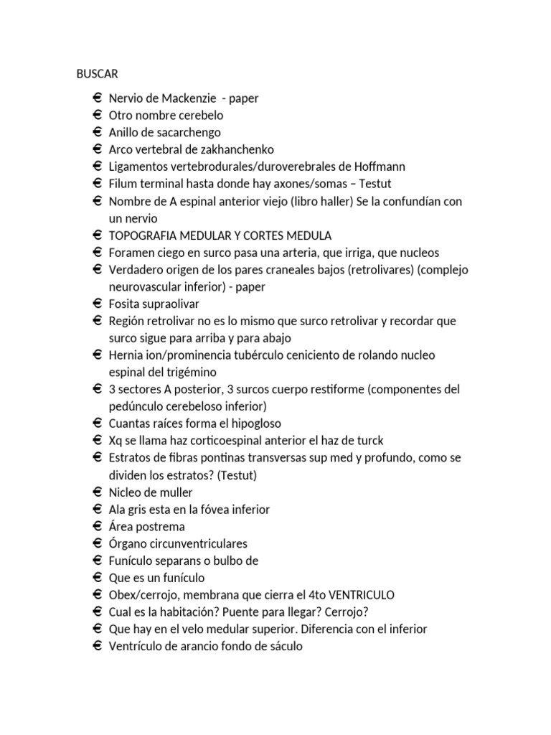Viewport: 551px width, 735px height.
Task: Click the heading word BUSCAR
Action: [x=98, y=74]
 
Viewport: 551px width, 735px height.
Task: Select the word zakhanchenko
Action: [x=234, y=149]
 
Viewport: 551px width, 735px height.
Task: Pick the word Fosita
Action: [x=123, y=304]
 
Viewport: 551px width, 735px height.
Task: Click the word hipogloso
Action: [x=253, y=423]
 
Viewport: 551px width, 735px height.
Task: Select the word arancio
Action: [x=199, y=646]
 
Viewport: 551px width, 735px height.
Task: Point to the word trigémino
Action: [x=190, y=372]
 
